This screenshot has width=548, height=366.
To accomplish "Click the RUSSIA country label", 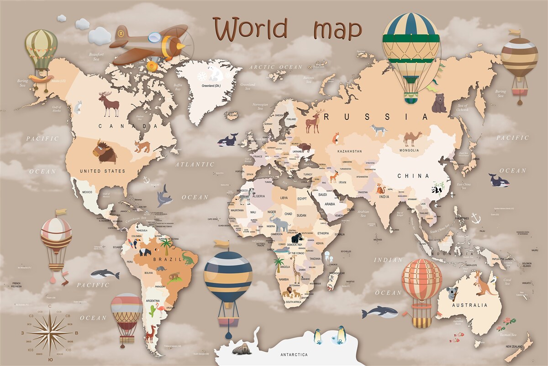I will [377, 117].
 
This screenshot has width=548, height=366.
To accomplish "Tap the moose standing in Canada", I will [110, 104].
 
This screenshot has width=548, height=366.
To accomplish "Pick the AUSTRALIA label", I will [469, 305].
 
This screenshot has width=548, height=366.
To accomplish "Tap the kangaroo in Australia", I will [483, 283].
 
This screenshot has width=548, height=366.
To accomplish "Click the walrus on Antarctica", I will [241, 349].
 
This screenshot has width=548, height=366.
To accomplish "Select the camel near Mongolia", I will [412, 138].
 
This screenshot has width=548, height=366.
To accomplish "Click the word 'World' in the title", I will [250, 28].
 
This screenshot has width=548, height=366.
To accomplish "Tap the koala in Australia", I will [453, 292].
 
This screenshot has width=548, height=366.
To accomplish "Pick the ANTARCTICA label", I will [294, 355].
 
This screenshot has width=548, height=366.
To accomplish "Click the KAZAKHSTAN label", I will [349, 151].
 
